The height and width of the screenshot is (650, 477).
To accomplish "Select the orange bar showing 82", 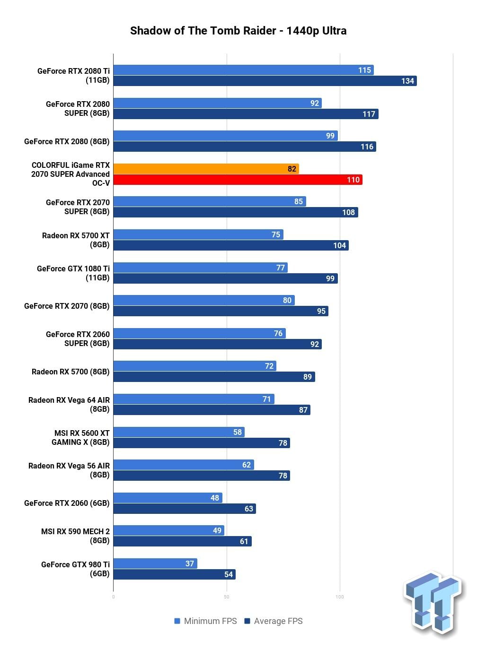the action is pos(206,169).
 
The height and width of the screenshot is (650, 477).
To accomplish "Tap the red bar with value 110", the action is pos(238,180).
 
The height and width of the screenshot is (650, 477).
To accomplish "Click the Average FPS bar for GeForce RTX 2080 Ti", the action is pos(265,81).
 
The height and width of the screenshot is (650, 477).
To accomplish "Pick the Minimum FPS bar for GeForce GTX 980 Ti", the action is pos(155,563).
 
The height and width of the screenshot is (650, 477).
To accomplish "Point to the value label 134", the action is pos(407,81).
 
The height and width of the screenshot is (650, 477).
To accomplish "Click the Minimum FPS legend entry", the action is pos(205,621).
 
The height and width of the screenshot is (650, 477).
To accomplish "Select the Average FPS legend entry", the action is pos(274,621).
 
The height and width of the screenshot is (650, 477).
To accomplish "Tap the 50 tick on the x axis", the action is pos(227,597).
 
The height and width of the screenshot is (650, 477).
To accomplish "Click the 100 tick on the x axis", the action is pos(340,597).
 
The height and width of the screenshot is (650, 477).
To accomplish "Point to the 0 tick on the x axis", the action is pos(113,597).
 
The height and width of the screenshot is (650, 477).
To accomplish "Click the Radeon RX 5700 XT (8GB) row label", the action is pos(76,240).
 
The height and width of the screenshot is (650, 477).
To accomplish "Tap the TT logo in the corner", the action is pos(433,604).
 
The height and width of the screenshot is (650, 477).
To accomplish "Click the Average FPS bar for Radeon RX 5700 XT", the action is pos(231,245).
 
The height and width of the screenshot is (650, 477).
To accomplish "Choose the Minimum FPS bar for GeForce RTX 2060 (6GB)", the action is pos(168,498).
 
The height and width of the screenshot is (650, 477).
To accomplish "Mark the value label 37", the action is pos(190,563).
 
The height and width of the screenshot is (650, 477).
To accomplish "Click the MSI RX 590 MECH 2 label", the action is pos(76,536).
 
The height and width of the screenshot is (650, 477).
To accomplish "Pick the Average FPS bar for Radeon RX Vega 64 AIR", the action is pos(212,410).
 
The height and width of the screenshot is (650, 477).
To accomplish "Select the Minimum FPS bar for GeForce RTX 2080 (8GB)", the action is pos(225,136).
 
